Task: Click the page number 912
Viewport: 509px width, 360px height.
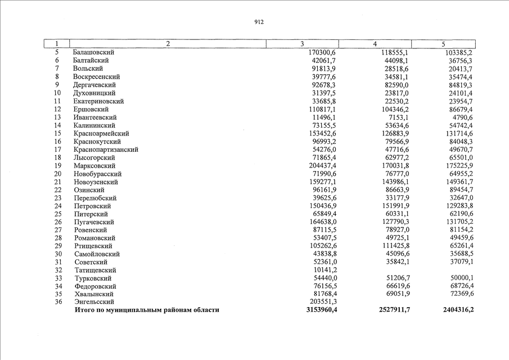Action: click(259, 22)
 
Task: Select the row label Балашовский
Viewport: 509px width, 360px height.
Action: click(94, 52)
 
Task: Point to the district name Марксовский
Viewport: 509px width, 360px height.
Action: click(94, 166)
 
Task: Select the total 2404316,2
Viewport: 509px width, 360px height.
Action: click(453, 310)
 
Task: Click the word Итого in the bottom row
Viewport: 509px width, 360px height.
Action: click(85, 310)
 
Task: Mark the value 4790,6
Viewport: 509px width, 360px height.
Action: click(461, 117)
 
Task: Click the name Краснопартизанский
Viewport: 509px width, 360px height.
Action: click(106, 150)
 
